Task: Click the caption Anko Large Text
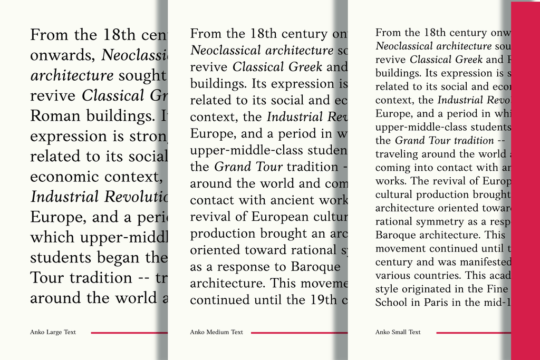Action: pos(53,332)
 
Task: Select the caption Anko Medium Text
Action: pos(216,332)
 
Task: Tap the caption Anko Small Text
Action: pos(398,332)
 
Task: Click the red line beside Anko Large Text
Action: pos(129,333)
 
